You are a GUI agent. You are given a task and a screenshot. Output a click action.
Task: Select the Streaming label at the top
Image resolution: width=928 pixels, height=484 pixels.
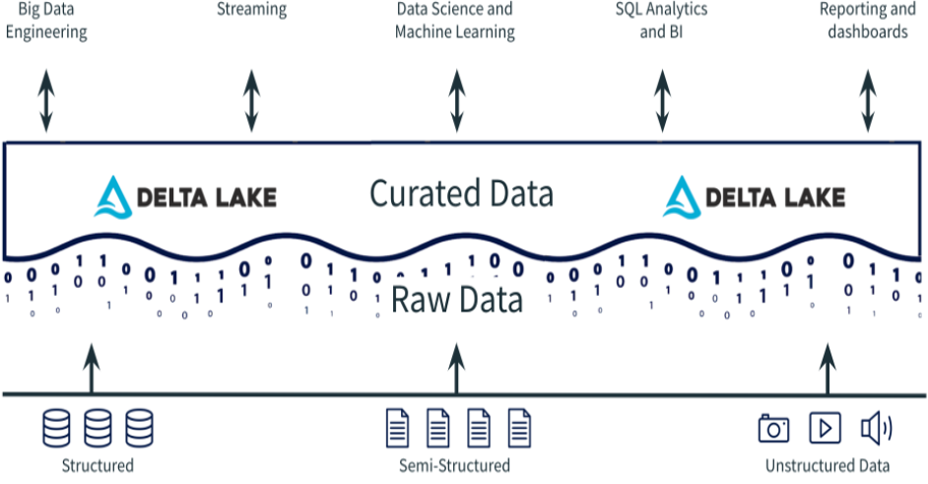point(251,10)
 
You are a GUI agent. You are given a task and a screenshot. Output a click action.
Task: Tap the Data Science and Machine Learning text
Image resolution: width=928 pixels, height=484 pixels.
point(454,21)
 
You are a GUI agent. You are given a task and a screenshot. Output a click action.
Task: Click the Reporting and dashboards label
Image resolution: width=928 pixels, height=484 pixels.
point(867,21)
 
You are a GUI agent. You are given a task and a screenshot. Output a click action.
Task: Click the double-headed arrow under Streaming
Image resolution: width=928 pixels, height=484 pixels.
point(251,100)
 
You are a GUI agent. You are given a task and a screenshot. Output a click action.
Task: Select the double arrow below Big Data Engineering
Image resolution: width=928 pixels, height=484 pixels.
point(46,100)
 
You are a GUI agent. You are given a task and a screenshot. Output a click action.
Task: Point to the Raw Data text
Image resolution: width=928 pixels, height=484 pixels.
point(457,300)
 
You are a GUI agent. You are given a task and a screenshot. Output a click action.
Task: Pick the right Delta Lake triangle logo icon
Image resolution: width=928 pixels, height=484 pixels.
point(680,196)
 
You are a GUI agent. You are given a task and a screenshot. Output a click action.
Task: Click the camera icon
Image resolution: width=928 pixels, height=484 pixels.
point(774,429)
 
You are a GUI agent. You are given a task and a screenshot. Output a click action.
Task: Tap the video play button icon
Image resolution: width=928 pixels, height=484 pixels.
point(825,429)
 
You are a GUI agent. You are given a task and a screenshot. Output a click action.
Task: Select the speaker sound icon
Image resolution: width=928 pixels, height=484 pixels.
point(876,429)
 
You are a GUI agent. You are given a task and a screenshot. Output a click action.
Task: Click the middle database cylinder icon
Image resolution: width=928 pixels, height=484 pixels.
point(98,428)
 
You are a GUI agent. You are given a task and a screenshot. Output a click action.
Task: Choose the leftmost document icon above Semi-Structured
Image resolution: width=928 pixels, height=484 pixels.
point(396,428)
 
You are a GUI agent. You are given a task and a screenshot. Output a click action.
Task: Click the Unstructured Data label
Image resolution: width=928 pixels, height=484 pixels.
point(828,465)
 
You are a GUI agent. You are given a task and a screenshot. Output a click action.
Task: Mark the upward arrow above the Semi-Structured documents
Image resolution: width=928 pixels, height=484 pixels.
point(455,369)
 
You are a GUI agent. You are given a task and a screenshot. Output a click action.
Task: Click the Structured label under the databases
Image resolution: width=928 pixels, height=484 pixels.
point(97,465)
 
